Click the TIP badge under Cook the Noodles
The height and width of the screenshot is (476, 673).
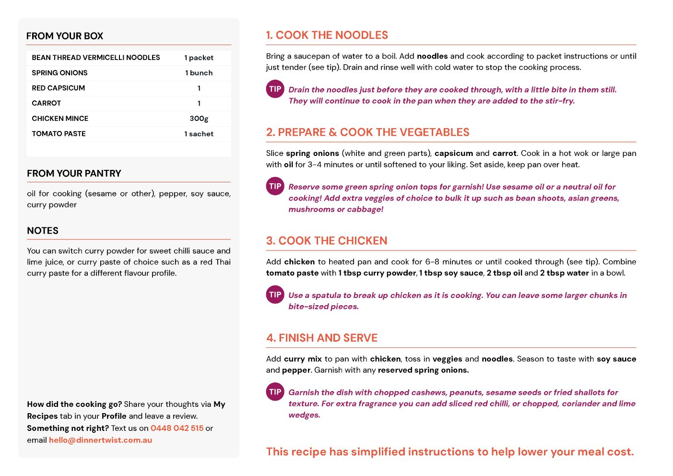point(275,89)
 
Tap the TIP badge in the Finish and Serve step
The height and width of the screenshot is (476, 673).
point(275,392)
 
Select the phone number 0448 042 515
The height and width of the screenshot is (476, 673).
point(177,428)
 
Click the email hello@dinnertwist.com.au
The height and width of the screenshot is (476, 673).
point(100,440)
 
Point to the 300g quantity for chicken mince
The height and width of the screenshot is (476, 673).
point(199,119)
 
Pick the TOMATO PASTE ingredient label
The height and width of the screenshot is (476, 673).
point(59,134)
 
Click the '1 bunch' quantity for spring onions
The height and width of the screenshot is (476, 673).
point(199,73)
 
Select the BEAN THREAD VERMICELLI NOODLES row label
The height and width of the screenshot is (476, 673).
point(96,58)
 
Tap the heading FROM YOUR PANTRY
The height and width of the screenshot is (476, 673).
point(74,173)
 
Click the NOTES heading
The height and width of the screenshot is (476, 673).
point(43,230)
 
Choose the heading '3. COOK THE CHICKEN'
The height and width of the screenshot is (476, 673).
point(327,240)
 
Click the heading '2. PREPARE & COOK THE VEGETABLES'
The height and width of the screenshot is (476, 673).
point(367,132)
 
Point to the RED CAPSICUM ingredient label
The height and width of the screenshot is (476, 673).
point(58,88)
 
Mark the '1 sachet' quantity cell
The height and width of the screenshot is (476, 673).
point(199,134)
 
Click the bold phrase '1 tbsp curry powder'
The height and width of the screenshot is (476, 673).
point(377,273)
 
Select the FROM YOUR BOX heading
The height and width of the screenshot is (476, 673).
point(65,36)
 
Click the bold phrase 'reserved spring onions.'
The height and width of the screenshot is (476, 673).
point(423,370)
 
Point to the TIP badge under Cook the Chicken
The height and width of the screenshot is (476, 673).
point(275,295)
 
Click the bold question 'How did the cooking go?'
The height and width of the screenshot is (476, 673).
point(74,404)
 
